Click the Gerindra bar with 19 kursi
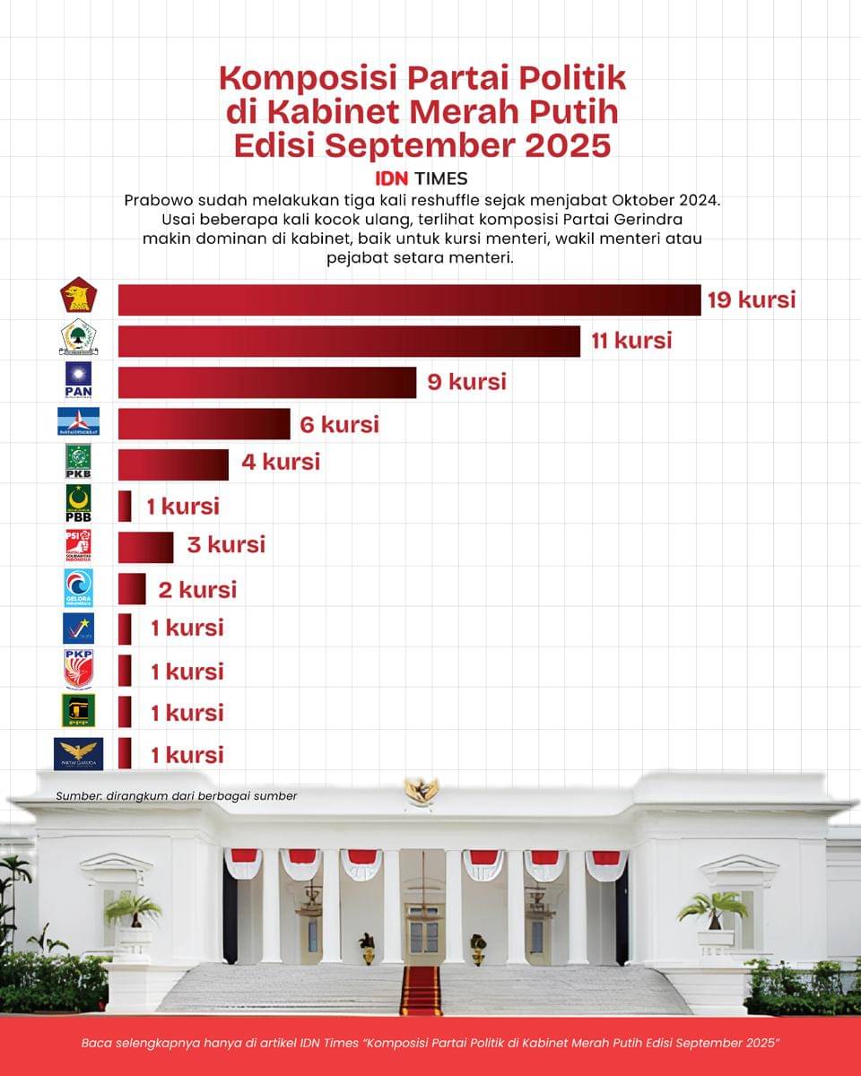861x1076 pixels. point(409,300)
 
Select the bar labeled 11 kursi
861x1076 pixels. point(349,342)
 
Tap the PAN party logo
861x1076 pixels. point(78,379)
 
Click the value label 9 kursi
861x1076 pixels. point(465,382)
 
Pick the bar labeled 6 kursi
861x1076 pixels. point(204,424)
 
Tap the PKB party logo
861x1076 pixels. point(78,462)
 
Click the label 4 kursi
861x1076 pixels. point(280,463)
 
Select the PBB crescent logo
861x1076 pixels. point(78,503)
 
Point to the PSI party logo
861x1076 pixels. point(78,545)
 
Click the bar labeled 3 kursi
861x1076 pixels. point(145,546)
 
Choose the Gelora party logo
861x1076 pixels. point(78,587)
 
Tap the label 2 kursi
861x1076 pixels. point(197,589)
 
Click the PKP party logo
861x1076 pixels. point(78,669)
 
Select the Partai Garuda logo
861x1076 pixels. point(78,754)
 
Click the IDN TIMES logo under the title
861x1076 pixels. point(421,178)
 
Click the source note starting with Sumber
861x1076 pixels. point(176,795)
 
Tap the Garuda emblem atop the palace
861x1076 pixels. point(422,789)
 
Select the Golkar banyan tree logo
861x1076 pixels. point(78,339)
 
